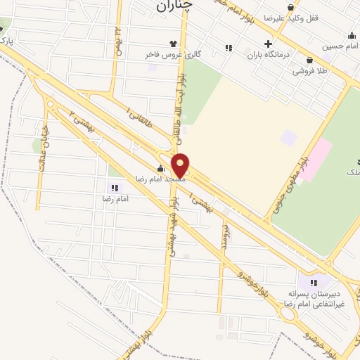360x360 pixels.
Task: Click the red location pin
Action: (x=181, y=165)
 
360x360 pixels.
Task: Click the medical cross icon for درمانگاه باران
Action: (x=268, y=43)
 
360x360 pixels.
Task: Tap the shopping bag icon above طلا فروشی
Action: (x=309, y=60)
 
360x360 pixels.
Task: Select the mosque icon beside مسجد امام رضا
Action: (x=160, y=168)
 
